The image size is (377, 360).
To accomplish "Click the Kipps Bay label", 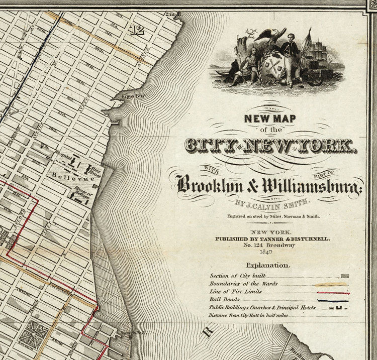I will click(x=125, y=95).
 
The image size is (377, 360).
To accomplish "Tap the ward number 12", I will click(x=136, y=30).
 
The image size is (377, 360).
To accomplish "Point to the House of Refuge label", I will click(x=84, y=193).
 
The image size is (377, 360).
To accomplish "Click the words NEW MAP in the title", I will click(x=269, y=119).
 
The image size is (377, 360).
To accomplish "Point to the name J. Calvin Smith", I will click(x=269, y=204).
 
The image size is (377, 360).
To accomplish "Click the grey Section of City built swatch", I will click(x=344, y=276).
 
